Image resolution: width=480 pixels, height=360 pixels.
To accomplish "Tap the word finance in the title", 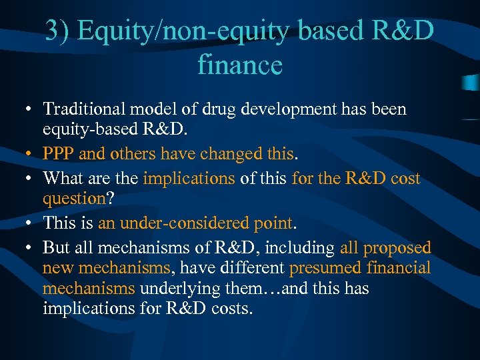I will pyautogui.click(x=240, y=65).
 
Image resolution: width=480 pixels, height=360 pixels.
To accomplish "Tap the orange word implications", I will pyautogui.click(x=189, y=179).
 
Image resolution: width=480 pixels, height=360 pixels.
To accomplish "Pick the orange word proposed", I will pyautogui.click(x=399, y=247).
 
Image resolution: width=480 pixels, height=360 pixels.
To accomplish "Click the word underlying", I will pyautogui.click(x=173, y=289).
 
